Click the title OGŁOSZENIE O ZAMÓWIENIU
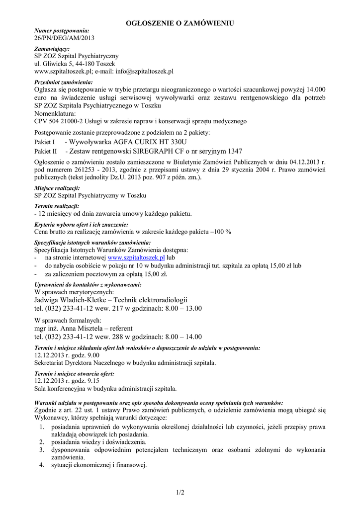[180, 23]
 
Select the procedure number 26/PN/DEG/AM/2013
[64, 38]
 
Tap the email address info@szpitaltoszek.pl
[144, 72]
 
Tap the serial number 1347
[232, 151]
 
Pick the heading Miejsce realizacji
[57, 188]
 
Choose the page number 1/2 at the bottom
[180, 493]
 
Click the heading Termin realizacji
[57, 206]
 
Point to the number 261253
[84, 170]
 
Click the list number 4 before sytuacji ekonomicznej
[41, 465]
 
